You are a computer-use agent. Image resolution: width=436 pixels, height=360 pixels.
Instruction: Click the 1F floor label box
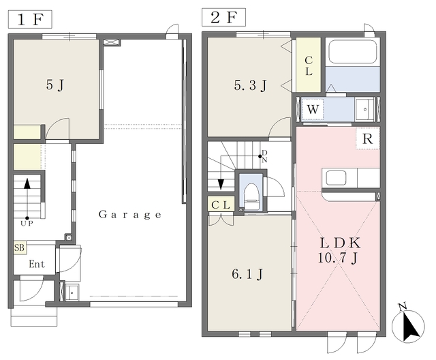[30, 19]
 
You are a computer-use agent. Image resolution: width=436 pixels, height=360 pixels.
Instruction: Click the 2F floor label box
[224, 17]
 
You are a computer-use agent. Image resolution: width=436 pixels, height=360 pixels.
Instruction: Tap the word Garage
[130, 215]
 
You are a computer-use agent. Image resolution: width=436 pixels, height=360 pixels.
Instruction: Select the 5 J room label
[55, 85]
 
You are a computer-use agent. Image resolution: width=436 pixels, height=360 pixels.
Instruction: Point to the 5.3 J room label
[250, 85]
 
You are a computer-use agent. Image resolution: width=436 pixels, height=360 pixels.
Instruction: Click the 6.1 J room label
[247, 275]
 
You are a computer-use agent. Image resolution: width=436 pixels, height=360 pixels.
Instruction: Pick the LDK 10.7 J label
[340, 251]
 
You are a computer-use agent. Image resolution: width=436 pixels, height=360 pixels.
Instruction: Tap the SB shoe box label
[20, 247]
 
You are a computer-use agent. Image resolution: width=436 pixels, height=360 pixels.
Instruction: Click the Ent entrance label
[37, 264]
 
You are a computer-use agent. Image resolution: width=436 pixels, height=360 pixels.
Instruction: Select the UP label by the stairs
[27, 223]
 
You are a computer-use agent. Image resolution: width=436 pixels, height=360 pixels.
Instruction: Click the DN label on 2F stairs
[264, 156]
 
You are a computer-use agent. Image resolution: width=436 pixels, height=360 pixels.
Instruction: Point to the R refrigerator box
[368, 138]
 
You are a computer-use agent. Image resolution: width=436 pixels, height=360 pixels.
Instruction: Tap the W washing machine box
[313, 109]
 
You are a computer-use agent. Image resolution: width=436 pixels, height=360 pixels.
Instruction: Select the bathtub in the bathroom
[352, 52]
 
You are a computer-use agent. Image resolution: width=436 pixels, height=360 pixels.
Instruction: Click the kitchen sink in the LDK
[336, 178]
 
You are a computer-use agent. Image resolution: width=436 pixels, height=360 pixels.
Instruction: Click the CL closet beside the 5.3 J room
[309, 65]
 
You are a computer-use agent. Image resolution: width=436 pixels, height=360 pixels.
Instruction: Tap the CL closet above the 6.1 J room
[221, 205]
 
